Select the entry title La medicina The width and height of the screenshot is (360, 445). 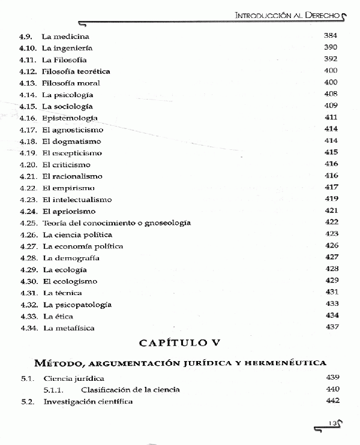[x=65, y=36]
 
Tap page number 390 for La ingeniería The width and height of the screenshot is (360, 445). [x=331, y=47]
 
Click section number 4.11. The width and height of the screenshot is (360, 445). [x=28, y=59]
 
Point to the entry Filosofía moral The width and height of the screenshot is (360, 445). [x=71, y=83]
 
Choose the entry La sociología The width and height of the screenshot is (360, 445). [x=68, y=106]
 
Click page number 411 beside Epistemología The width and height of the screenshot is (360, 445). [x=331, y=118]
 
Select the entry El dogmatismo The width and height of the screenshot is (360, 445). [x=71, y=141]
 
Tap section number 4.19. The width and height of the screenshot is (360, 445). [x=28, y=153]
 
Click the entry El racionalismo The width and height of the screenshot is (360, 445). [x=73, y=176]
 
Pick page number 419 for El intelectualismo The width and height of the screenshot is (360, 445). [x=331, y=199]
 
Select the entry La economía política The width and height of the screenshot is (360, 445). [x=83, y=246]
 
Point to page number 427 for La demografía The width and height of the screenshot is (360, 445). [x=331, y=257]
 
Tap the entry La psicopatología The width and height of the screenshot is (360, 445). [x=77, y=304]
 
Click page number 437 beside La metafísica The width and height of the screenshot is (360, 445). [x=331, y=327]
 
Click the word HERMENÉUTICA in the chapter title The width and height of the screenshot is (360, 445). [x=287, y=363]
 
